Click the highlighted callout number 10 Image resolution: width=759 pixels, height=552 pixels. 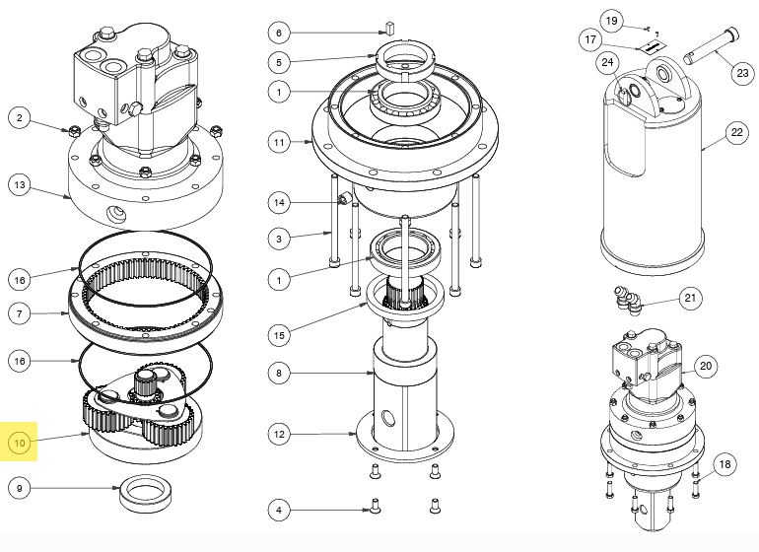point(20,444)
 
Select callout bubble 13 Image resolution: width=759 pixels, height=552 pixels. point(20,183)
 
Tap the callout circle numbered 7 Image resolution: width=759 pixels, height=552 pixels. point(20,314)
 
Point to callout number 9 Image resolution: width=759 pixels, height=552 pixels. point(20,488)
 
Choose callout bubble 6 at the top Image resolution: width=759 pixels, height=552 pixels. point(279,33)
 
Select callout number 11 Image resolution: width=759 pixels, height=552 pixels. point(279,142)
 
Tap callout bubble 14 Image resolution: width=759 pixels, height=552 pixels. point(279,202)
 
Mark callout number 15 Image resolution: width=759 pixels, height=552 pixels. point(279,335)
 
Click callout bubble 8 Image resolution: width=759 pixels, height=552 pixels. point(279,375)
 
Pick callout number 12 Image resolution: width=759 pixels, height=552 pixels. point(279,433)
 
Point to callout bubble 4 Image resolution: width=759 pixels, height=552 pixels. point(279,510)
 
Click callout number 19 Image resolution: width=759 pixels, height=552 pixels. point(611,21)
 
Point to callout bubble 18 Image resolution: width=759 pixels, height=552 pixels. point(724,464)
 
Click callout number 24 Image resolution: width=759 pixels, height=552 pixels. point(608,64)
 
